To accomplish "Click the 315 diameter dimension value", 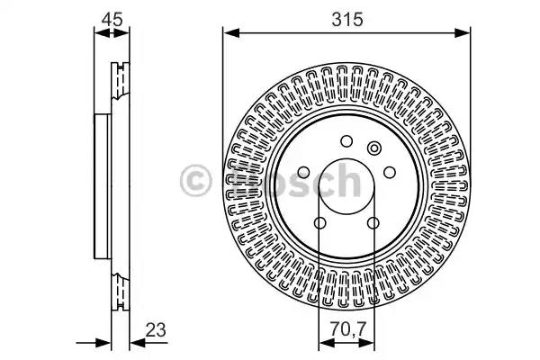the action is click(347, 20).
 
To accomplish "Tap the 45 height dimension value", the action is click(112, 20).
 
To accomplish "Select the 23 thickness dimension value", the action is click(156, 329).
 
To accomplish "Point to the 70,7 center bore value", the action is click(347, 329).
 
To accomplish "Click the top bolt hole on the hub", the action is click(346, 141).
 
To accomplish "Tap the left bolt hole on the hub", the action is click(303, 172).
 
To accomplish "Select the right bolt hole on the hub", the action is click(390, 172).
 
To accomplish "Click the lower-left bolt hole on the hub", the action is click(319, 223).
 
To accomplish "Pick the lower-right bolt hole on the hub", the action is click(373, 223).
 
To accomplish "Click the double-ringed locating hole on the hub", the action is click(374, 148).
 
